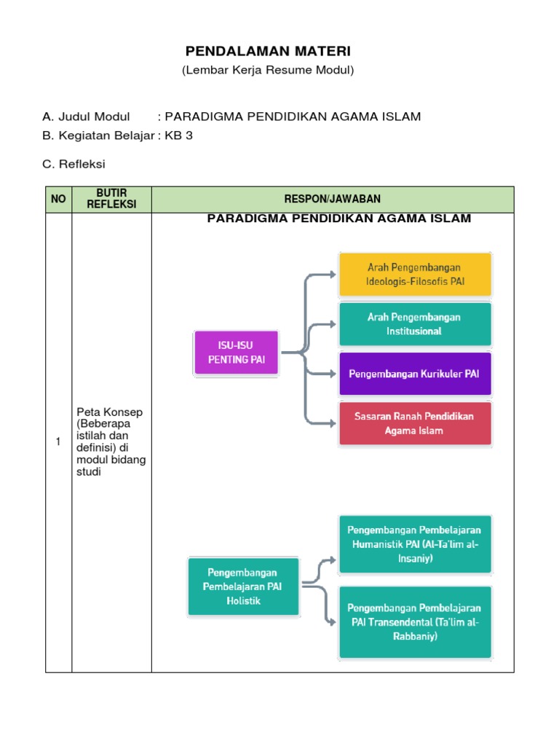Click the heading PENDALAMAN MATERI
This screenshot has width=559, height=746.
tap(268, 51)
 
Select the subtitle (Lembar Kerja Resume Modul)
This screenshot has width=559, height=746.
tap(267, 70)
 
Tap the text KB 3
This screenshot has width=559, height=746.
tap(179, 136)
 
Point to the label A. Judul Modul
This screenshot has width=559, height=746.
tap(86, 117)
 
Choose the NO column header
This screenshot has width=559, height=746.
tap(58, 199)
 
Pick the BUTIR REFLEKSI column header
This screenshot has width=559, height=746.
tap(111, 199)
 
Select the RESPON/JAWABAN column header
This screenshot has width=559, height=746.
tap(332, 199)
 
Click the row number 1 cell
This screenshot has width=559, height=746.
tap(58, 441)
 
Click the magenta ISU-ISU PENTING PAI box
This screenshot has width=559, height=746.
tap(237, 353)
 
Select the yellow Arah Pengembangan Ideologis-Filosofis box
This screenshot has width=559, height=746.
tap(415, 274)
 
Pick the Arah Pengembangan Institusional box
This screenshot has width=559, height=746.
tap(415, 324)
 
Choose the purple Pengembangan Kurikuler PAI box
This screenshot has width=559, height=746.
tap(415, 374)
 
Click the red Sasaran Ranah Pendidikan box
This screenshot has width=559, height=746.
tap(415, 423)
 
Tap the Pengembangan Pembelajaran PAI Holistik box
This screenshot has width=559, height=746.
tap(243, 587)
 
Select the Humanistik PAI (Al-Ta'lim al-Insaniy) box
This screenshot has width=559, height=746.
tap(415, 545)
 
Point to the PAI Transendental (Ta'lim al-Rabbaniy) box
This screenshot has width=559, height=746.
tap(415, 621)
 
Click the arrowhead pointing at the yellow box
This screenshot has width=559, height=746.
tap(333, 275)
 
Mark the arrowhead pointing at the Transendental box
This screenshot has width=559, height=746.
tap(333, 621)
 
